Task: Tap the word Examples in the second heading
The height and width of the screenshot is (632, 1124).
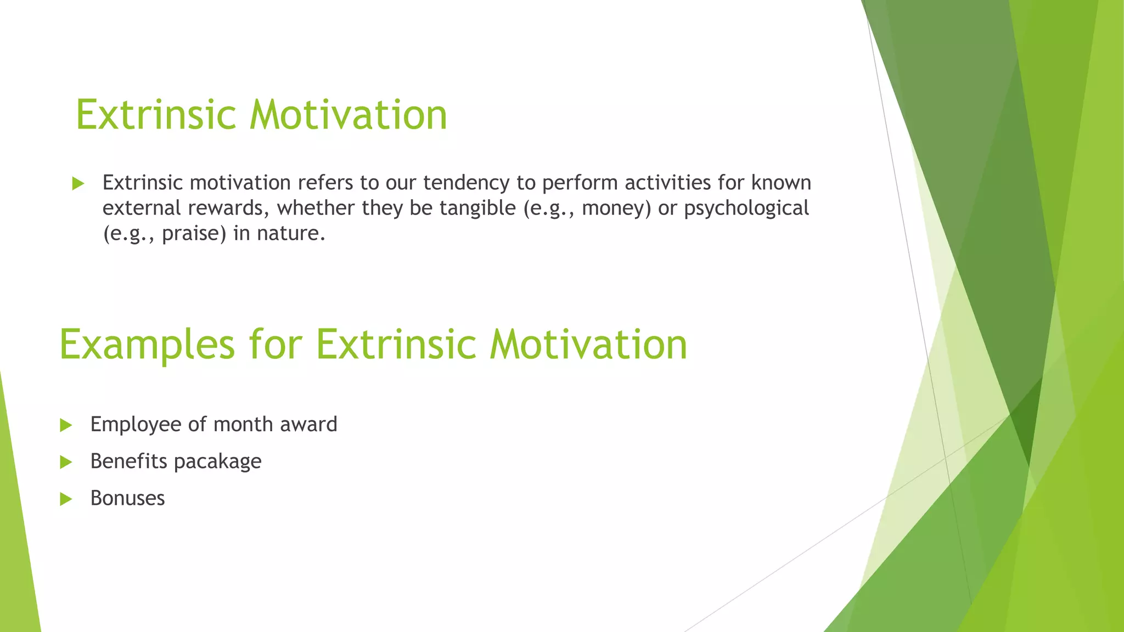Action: [147, 345]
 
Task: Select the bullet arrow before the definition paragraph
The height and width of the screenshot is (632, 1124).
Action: [78, 184]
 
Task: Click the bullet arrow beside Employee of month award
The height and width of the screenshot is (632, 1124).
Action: [66, 425]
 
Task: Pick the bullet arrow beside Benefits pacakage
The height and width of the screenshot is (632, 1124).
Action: [66, 462]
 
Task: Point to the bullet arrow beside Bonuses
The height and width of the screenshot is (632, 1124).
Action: [66, 499]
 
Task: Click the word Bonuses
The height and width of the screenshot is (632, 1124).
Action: [127, 498]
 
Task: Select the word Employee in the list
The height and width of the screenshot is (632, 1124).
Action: [136, 425]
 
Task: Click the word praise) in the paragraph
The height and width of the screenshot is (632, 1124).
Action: [194, 234]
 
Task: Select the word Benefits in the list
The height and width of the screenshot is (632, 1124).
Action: [128, 461]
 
